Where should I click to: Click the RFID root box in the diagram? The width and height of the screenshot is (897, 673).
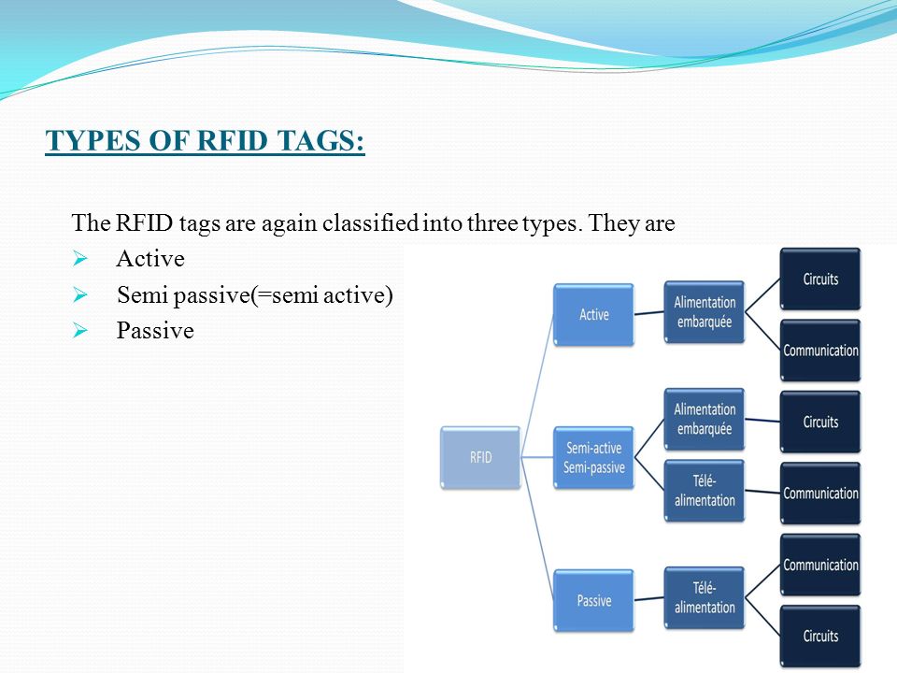[480, 457]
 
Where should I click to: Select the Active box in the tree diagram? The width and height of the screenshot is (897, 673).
[594, 314]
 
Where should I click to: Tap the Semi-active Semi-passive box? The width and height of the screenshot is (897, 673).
[594, 457]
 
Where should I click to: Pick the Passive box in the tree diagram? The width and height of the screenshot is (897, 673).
[594, 600]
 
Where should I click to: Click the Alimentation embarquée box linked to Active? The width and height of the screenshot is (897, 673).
[705, 312]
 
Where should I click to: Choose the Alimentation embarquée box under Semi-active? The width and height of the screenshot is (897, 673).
[705, 419]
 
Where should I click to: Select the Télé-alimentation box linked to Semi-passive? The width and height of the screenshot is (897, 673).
[705, 491]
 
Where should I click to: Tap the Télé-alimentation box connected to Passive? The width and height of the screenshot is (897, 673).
[705, 597]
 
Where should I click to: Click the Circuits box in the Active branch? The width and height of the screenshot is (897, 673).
[820, 279]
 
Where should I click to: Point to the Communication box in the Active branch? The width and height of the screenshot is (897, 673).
[820, 351]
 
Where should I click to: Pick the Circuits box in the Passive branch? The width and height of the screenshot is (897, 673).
[820, 636]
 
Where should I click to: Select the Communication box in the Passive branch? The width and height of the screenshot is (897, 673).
[820, 565]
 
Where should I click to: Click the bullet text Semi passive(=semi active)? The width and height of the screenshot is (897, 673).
[254, 295]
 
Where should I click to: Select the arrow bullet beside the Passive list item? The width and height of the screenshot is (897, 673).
[80, 330]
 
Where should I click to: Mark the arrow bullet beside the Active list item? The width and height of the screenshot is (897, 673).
[80, 259]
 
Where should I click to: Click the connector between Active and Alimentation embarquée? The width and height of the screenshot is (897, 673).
[649, 313]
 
